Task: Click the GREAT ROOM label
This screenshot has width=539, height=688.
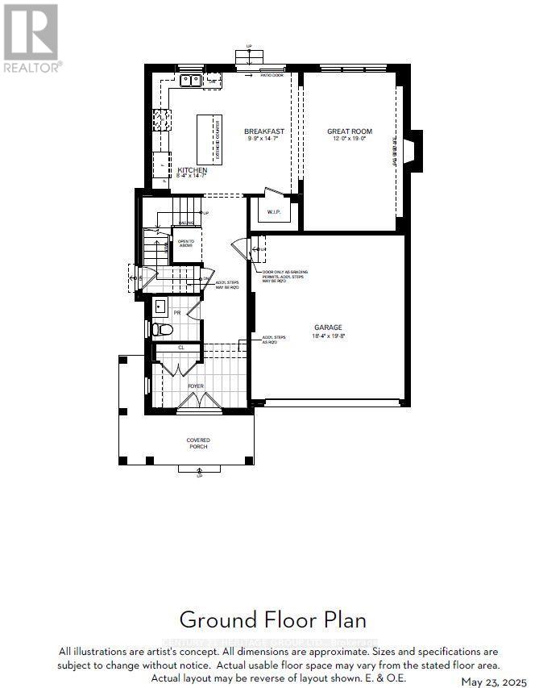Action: tap(346, 131)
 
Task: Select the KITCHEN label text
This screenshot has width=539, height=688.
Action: tap(192, 170)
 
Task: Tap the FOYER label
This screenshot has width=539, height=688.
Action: tap(196, 386)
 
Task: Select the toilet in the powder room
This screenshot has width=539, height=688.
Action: tap(162, 330)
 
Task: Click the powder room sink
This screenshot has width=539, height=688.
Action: tap(160, 306)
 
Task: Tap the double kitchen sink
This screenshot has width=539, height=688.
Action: tap(191, 80)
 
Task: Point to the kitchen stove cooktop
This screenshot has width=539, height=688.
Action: tap(162, 119)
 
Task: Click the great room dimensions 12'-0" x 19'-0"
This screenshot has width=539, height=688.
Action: tap(346, 139)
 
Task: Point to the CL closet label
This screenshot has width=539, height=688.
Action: tap(181, 348)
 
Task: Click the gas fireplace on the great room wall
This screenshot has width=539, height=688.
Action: tap(413, 151)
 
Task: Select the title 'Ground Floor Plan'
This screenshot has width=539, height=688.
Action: tap(272, 619)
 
